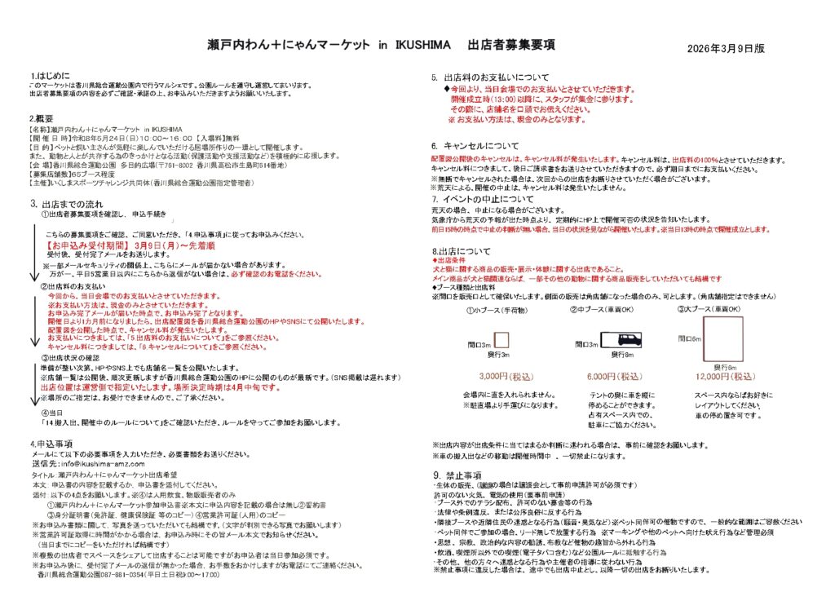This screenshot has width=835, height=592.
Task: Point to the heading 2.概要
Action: tap(41, 118)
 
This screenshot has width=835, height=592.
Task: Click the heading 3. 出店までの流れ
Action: tap(68, 202)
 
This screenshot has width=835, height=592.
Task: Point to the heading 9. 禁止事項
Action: tap(460, 475)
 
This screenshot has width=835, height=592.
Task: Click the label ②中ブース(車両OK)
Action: tap(607, 309)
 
